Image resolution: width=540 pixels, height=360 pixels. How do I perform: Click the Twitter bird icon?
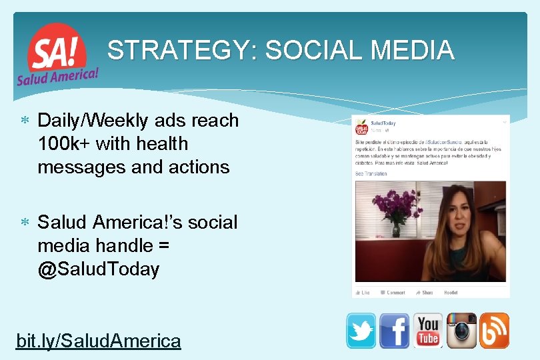(361, 331)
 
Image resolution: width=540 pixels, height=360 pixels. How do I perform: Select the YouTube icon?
(428, 331)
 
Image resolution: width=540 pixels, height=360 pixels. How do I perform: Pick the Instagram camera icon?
(461, 331)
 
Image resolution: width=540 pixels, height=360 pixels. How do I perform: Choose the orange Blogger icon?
(494, 331)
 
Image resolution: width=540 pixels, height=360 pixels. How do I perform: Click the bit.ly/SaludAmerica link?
(98, 341)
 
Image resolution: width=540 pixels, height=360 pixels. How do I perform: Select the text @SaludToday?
(99, 269)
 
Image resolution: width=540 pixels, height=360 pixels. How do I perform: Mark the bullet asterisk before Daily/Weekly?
(24, 121)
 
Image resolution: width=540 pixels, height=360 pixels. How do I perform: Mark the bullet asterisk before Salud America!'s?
(24, 223)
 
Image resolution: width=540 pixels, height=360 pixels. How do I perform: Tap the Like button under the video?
(363, 292)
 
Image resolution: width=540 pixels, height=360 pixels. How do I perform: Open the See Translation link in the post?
(370, 174)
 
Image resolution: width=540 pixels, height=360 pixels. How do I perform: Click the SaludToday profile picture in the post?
(361, 127)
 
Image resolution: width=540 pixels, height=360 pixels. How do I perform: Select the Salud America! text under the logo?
(57, 76)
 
